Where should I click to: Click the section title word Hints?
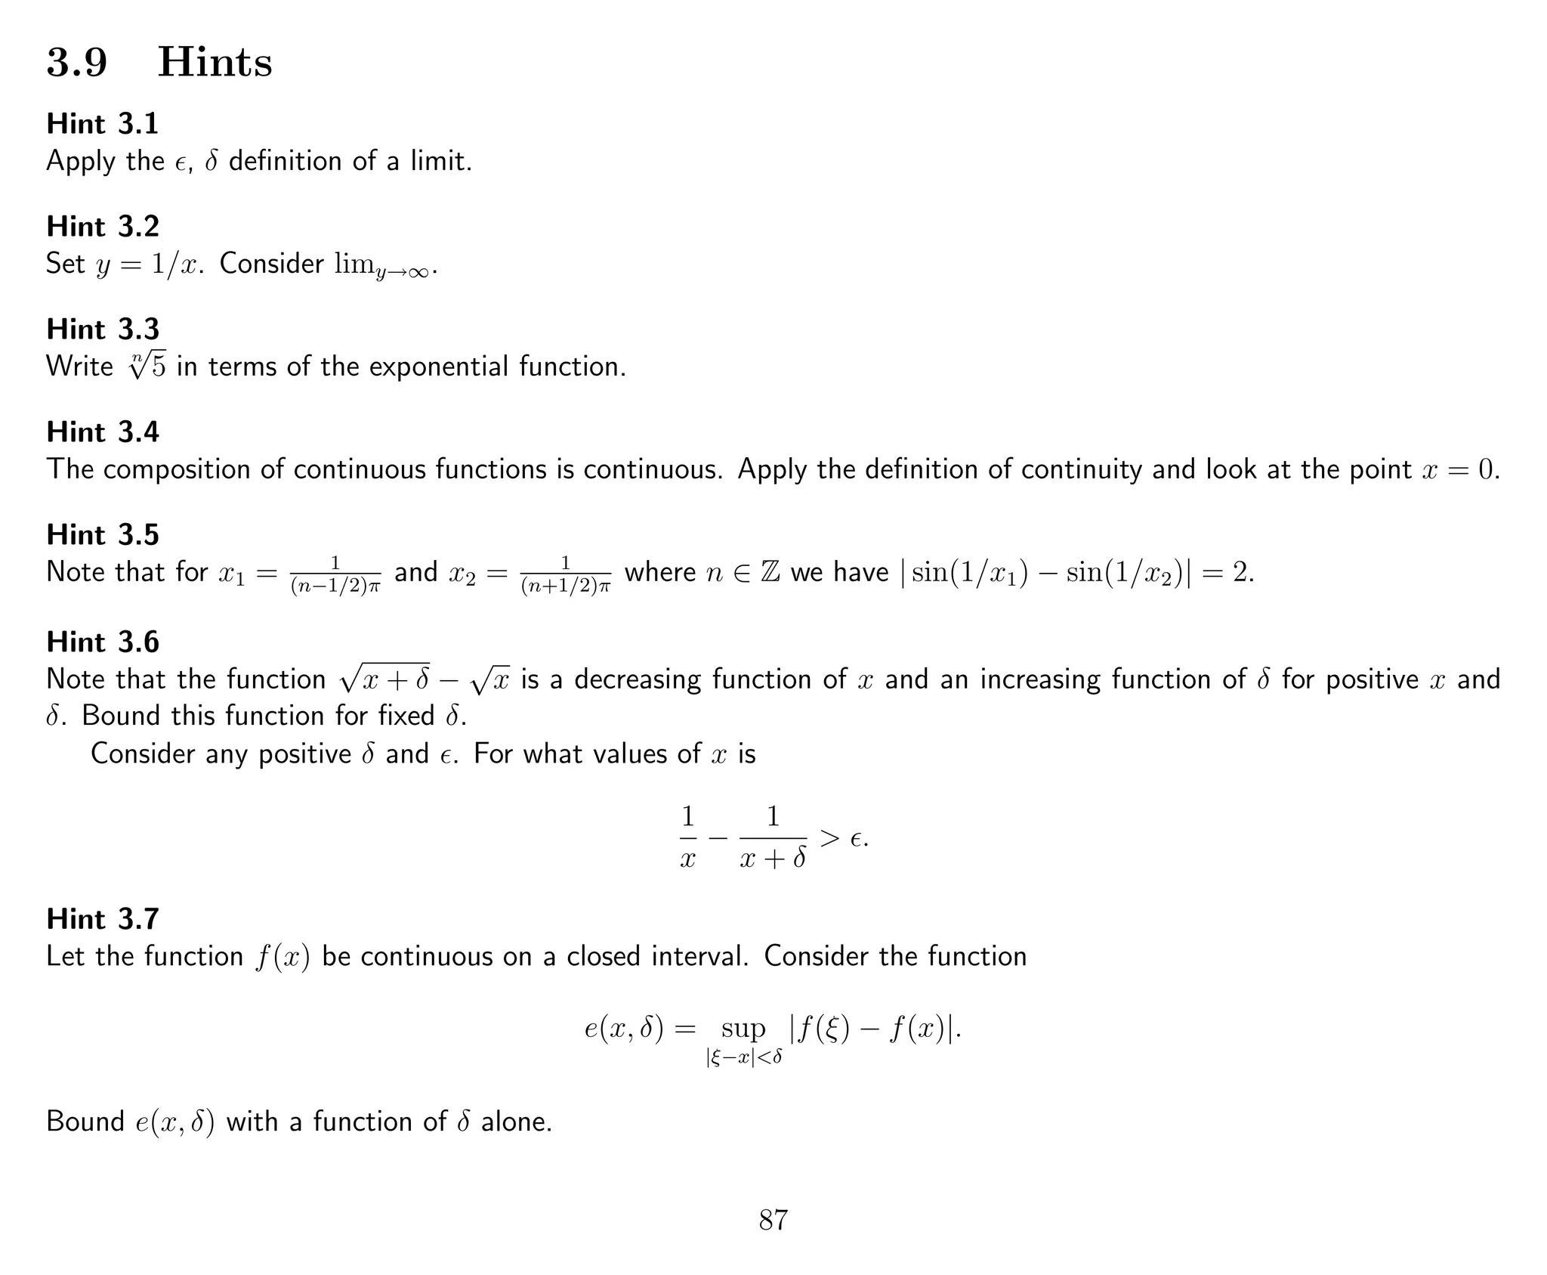215,62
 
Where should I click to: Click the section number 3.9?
77,62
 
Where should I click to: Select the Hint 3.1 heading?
103,124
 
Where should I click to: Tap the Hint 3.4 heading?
103,432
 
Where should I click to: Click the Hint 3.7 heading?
103,919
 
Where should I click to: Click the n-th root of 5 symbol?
147,367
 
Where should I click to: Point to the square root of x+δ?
385,679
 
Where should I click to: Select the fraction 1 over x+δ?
773,838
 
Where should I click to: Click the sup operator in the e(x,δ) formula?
743,1029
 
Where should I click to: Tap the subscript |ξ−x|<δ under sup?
743,1057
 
